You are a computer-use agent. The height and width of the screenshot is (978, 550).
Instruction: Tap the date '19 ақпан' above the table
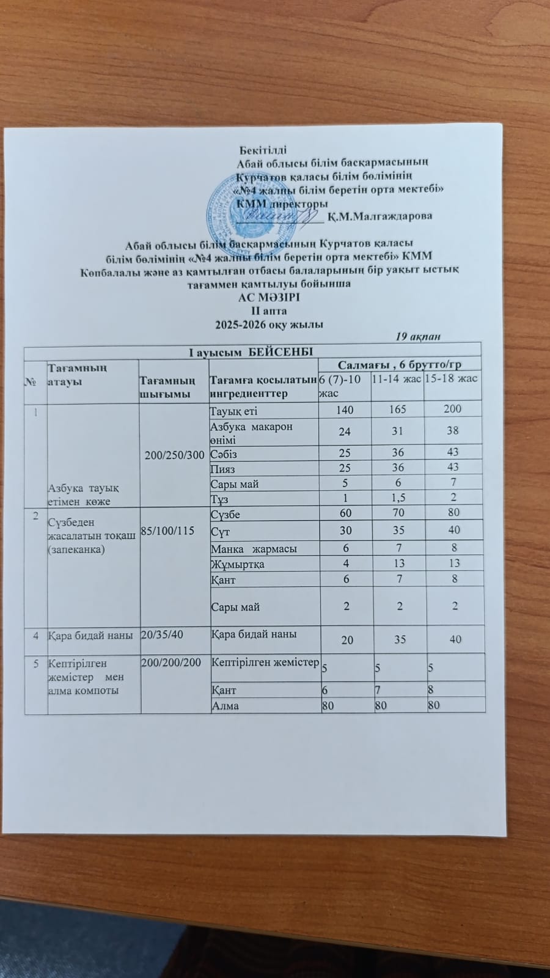point(418,337)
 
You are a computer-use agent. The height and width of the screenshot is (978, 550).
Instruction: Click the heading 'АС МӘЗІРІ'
point(269,298)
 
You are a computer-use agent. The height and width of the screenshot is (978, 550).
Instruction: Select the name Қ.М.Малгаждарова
point(380,216)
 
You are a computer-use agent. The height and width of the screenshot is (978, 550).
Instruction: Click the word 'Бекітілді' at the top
point(263,150)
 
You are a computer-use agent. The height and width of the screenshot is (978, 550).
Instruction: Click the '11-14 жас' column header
point(396,380)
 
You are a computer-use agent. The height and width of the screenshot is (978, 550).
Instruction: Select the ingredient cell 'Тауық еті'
point(233,410)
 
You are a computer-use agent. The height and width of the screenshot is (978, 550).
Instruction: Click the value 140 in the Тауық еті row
point(345,410)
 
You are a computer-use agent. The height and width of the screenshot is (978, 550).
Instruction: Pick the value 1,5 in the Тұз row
point(398,498)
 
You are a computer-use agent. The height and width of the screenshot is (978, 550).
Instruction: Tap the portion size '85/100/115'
point(167,531)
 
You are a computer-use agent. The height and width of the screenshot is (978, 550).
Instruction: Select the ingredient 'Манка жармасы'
point(254,549)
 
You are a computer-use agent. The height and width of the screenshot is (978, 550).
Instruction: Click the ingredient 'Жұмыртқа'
point(238,564)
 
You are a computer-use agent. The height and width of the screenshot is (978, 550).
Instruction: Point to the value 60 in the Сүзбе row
point(345,513)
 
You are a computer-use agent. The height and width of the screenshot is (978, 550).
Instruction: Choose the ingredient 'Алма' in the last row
point(225,706)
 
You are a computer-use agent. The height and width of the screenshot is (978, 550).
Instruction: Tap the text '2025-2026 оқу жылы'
point(269,324)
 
